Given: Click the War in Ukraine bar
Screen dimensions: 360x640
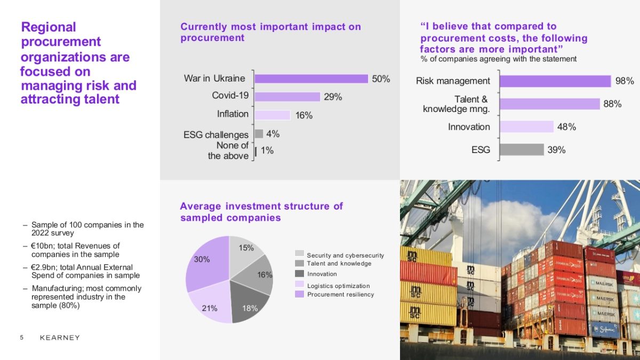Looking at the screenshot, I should tap(311, 78).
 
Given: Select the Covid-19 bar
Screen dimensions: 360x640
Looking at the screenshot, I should tap(287, 97).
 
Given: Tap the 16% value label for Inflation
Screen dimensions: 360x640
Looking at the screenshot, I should tap(304, 115).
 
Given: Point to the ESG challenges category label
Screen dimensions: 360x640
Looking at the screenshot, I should tap(216, 134).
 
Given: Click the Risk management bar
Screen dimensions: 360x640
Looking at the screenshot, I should tap(555, 81).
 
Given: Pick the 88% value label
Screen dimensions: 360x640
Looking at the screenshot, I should tap(612, 104).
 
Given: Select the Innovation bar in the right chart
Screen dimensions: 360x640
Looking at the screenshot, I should tap(526, 126).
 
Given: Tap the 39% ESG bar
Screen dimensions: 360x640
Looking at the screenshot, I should tap(522, 150).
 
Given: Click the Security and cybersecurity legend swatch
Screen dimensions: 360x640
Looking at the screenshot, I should tap(299, 253).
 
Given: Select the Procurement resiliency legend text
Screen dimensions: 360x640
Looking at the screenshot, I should tap(340, 294).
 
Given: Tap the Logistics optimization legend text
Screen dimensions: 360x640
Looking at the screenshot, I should tap(338, 286).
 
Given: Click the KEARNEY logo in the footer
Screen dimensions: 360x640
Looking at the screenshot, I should tap(60, 338).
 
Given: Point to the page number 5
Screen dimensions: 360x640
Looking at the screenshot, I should tap(22, 338).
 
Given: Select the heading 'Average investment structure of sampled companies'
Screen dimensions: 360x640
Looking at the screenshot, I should tap(261, 212).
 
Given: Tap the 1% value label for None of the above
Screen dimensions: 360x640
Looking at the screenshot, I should tap(267, 151).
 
